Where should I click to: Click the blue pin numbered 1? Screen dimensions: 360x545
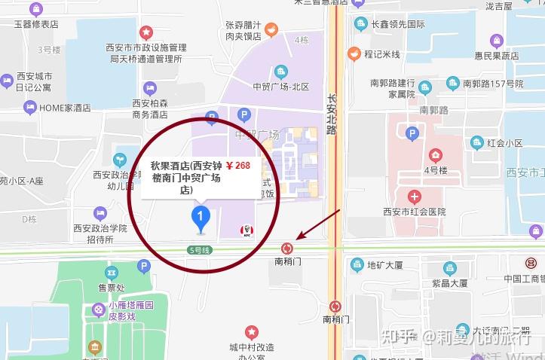(200, 219)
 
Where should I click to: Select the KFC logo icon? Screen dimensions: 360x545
(244, 230)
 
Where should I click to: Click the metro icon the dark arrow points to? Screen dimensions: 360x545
(287, 248)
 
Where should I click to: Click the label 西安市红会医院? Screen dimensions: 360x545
(414, 212)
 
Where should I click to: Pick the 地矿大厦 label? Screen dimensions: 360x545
(385, 265)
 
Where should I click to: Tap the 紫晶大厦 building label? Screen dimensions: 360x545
(451, 283)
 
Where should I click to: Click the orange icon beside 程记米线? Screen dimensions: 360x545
(354, 53)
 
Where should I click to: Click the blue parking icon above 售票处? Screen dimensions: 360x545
(144, 267)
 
